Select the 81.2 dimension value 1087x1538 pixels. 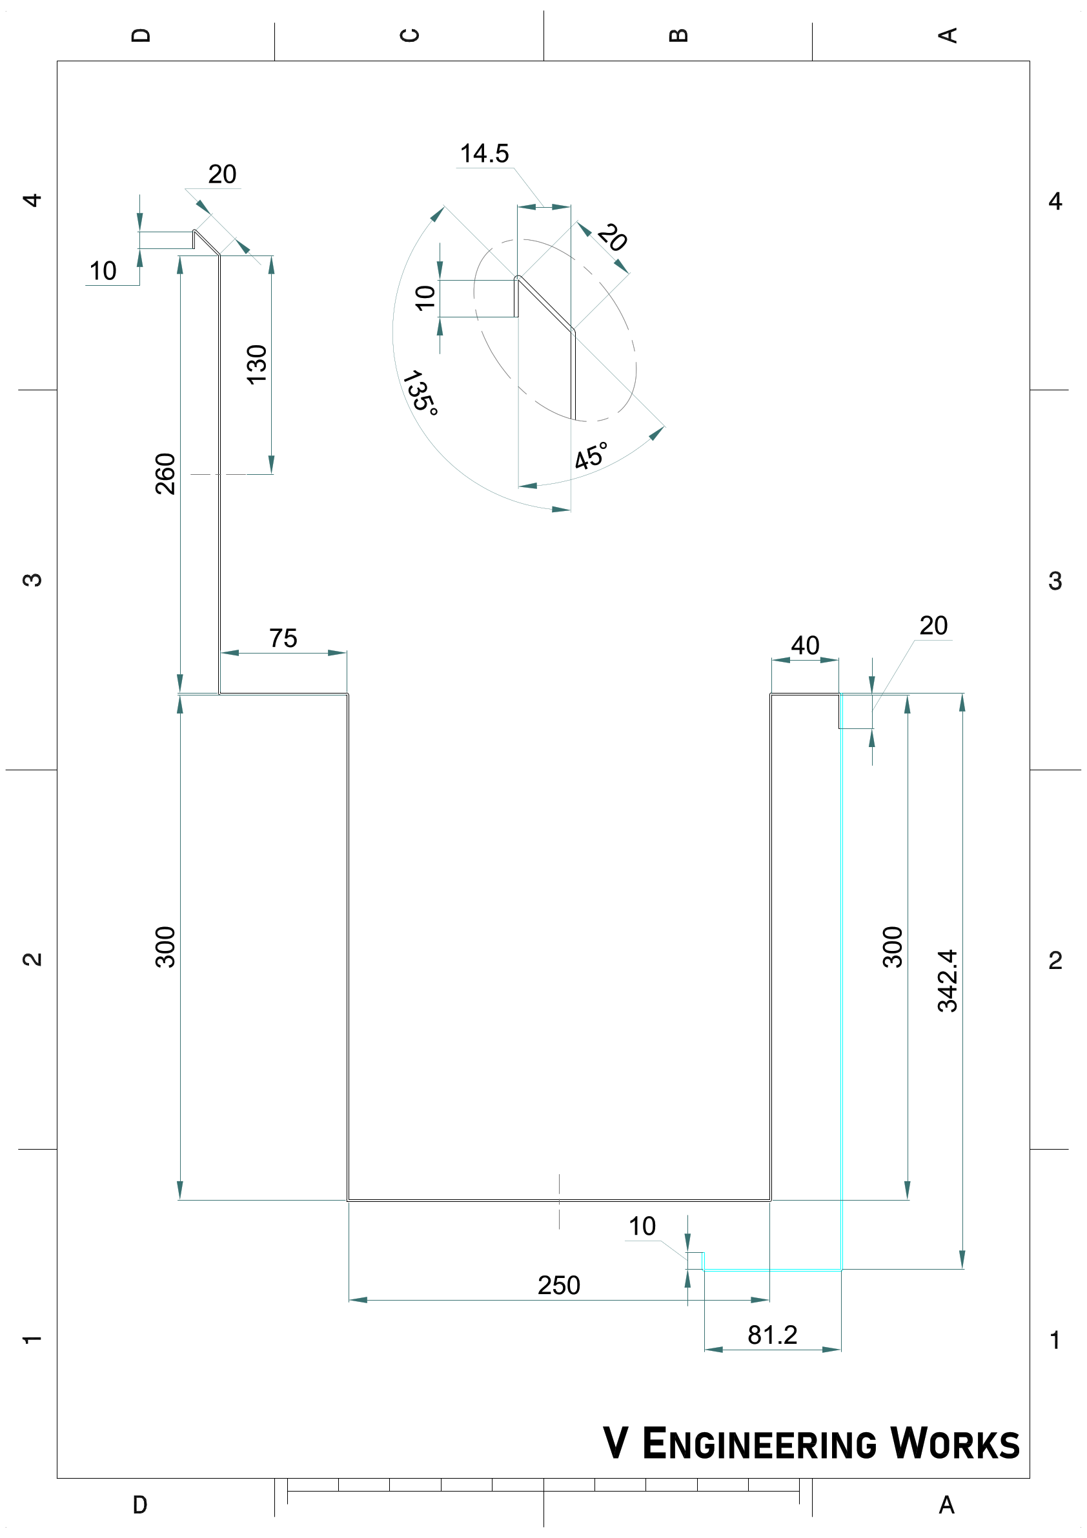772,1335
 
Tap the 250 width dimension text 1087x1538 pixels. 558,1285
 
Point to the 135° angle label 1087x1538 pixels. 420,392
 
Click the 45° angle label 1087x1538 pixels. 591,456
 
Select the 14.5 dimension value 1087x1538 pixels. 484,154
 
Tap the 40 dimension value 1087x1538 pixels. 804,645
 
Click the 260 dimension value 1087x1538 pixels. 165,474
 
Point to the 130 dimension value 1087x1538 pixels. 257,365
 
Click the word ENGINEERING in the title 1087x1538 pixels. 758,1444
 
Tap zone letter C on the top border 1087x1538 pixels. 409,35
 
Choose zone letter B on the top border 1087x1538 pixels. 678,35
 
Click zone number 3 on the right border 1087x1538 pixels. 1055,581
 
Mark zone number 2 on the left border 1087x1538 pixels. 32,959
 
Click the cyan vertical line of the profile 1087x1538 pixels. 841,1004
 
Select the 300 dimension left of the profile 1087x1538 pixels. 165,946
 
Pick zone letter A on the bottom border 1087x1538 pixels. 946,1504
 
